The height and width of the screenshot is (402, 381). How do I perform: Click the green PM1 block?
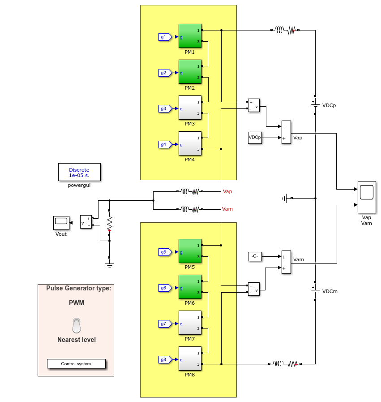coord(190,36)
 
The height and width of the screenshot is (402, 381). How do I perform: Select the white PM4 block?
coord(190,143)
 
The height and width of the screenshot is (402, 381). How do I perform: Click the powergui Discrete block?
coord(79,172)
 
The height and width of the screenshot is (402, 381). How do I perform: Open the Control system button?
coord(76,363)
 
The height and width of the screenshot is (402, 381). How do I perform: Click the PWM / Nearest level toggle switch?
coord(77,326)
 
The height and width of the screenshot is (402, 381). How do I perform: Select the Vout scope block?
coord(61,223)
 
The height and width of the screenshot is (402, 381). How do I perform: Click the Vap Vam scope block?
coord(367,197)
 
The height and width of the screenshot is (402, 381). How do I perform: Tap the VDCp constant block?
coord(255,138)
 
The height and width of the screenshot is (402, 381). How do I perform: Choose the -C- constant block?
coord(255,256)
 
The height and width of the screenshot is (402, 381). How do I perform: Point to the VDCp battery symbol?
coord(315,105)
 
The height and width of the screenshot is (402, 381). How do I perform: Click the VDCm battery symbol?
coord(315,291)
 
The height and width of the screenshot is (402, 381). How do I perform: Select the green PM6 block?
coord(190,287)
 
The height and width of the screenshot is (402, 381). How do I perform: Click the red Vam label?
coord(227,209)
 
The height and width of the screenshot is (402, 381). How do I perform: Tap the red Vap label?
coord(227,191)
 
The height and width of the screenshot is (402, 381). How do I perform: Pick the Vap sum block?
coord(286,132)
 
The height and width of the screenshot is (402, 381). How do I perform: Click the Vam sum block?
coord(286,262)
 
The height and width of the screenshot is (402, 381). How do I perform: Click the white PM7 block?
coord(190,323)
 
